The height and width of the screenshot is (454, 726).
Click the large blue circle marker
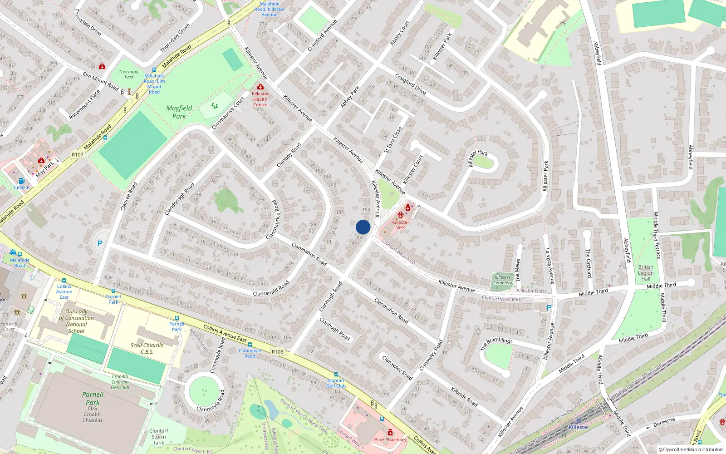363,227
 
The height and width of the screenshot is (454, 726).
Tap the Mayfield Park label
179,112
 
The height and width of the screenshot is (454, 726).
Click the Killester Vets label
401,225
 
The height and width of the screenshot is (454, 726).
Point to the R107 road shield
78,154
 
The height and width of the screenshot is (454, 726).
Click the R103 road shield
277,351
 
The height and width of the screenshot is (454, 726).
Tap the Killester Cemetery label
502,280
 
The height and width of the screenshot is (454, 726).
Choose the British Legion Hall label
646,273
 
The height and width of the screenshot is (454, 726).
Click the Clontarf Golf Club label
336,383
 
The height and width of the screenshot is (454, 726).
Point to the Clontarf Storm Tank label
159,437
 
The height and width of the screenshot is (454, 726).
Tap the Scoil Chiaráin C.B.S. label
147,348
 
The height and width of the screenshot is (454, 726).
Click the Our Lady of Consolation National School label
76,321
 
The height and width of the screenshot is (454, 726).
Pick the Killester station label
579,427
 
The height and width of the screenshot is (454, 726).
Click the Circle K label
22,188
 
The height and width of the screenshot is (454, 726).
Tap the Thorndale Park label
129,74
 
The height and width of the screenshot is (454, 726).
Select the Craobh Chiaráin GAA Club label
120,382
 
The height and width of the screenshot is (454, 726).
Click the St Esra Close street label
393,140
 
